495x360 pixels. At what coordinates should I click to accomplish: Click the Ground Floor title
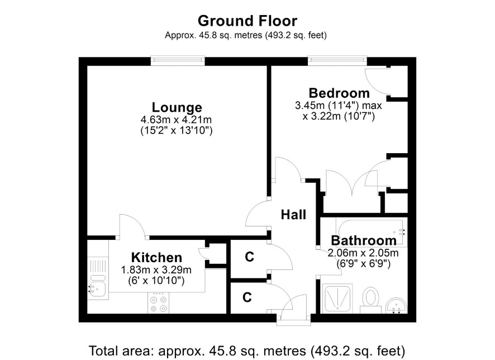point(247,21)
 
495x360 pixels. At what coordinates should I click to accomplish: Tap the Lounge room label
point(177,107)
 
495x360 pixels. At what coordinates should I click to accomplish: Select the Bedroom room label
point(339,93)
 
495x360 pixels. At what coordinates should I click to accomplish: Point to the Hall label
point(293,215)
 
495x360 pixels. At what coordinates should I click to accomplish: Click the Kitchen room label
point(156,257)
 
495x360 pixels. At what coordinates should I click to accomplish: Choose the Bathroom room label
point(364,240)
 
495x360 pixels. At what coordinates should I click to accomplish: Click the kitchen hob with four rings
point(158,303)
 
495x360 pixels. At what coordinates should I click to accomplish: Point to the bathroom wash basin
point(397,305)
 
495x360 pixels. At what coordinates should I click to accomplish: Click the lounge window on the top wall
point(178,61)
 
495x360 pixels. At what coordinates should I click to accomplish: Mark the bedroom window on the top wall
point(337,61)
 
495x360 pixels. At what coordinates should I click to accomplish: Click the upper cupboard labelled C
point(249,257)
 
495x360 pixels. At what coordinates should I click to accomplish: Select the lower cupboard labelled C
point(247,297)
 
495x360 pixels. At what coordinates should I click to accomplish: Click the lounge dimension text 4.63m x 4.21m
point(176,120)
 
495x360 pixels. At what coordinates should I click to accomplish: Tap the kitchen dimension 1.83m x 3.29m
point(156,270)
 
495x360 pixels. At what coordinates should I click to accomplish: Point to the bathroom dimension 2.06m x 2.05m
point(363,253)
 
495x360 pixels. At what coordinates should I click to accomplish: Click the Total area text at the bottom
point(247,351)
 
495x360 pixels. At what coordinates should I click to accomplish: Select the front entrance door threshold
point(293,320)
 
